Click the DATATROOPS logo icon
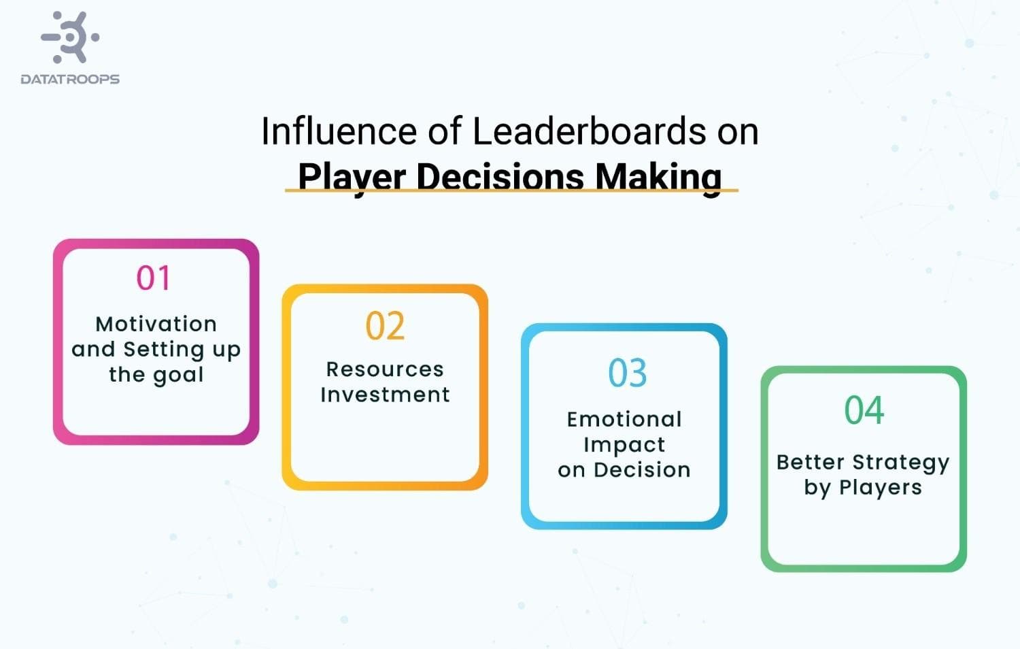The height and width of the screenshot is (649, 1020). coord(71,37)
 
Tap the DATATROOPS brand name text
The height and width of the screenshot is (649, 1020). coord(70,80)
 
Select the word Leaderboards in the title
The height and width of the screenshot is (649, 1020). coord(590,131)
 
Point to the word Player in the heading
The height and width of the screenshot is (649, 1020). coord(352,177)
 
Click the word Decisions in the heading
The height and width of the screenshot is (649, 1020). coord(500,177)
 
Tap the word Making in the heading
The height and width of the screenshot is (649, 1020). coord(658,177)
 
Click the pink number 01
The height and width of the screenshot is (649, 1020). coord(154,278)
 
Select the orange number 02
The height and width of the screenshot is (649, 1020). coord(385,326)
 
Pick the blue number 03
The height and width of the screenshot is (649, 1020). coord(627,373)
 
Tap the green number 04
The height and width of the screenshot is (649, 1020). coord(864,410)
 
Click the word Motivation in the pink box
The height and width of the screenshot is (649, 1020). coord(156,324)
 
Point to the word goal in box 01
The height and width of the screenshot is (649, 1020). coord(178,375)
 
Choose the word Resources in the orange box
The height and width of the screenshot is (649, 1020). coord(385,369)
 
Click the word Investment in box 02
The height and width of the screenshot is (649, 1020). coord(385,395)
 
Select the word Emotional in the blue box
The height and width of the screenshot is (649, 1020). coord(624,419)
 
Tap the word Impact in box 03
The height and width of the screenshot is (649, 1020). coord(624,445)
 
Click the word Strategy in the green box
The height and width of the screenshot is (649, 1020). coord(900,463)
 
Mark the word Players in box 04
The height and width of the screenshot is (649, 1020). coord(880,488)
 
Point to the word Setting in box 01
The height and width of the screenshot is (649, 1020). coord(163,350)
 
